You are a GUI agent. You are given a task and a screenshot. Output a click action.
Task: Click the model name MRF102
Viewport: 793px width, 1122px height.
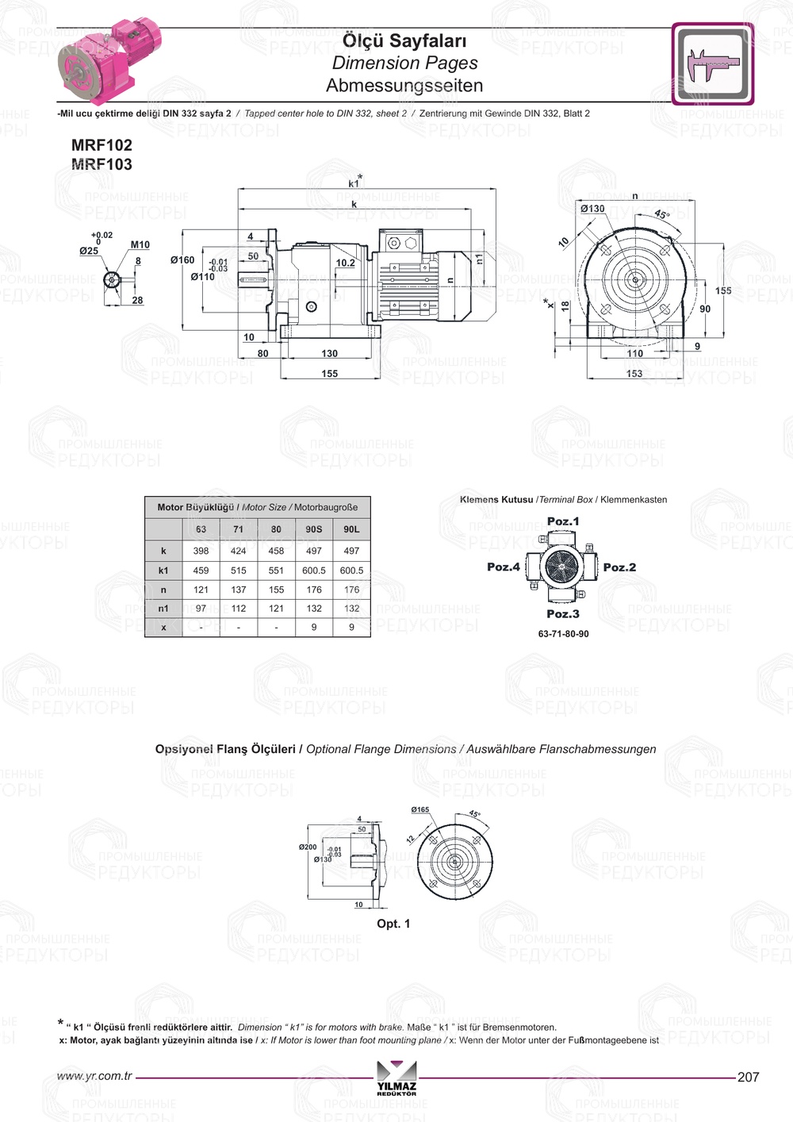(102, 145)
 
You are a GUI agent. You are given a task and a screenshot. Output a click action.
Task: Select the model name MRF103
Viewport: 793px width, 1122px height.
(102, 164)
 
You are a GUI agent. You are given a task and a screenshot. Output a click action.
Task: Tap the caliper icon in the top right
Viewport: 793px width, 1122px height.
(712, 63)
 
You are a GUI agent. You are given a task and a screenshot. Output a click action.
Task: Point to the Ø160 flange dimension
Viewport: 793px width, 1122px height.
(182, 260)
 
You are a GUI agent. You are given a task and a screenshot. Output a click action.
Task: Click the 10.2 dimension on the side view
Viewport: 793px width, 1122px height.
(345, 263)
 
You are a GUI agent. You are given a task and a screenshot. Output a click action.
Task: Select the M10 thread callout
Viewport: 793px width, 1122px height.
(140, 245)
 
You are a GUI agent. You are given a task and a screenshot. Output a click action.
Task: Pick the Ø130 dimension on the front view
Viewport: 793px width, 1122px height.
(592, 209)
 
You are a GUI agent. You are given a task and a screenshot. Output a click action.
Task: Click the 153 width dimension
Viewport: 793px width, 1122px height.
(634, 374)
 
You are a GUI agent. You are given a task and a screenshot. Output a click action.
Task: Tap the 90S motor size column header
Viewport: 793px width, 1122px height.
(314, 529)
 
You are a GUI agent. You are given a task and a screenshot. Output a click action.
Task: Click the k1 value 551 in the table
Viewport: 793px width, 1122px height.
(276, 571)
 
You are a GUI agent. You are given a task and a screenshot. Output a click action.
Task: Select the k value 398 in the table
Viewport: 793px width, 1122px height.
(201, 551)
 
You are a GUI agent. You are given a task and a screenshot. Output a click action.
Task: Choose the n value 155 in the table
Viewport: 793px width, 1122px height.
(276, 590)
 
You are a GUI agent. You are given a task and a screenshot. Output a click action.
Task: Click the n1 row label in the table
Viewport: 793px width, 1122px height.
(163, 609)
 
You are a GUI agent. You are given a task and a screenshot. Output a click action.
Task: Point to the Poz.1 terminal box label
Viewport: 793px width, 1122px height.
(563, 521)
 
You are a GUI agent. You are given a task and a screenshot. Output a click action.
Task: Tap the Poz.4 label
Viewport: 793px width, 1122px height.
(504, 567)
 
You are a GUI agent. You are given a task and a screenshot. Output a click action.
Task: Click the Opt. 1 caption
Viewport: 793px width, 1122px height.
(393, 924)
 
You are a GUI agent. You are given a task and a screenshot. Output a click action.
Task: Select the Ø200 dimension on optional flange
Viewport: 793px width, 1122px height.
(308, 847)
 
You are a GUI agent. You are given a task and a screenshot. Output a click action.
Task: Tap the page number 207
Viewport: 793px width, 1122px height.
(748, 1077)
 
